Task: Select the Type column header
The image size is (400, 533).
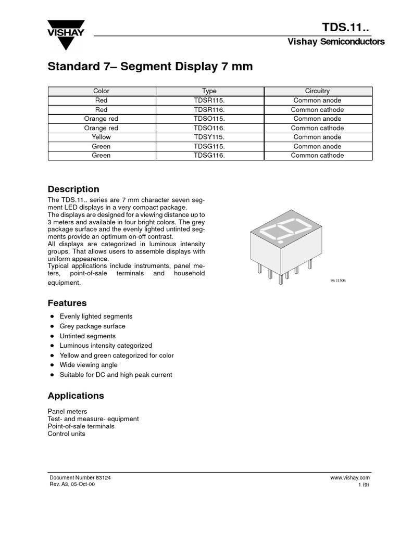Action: pos(209,91)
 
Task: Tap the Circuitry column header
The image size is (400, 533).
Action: pos(317,91)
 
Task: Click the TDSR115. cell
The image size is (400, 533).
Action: pos(209,100)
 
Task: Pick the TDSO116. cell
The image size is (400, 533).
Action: pos(209,128)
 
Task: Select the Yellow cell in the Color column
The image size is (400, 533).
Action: pos(101,137)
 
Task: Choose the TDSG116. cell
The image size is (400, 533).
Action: pos(209,155)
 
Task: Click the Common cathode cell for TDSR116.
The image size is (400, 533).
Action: pos(317,110)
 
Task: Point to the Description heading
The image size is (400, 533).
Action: pos(73,189)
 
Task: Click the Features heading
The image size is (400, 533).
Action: pos(67,303)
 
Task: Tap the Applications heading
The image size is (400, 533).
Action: pos(76,396)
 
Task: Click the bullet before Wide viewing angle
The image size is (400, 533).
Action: pos(52,365)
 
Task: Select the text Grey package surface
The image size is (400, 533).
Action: pos(92,326)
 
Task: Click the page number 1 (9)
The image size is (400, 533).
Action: pos(364,485)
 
